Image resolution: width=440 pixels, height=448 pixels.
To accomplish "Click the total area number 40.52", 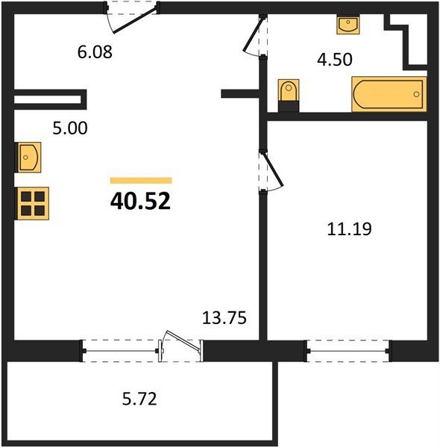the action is point(140,201).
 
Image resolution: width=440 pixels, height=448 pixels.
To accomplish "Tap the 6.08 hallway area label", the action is point(95,52).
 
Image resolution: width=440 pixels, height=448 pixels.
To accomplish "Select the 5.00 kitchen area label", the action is point(70,128).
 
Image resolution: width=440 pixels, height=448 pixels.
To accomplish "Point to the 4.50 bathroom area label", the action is point(335,60).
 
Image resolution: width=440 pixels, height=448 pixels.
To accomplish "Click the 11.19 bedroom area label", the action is point(349,229).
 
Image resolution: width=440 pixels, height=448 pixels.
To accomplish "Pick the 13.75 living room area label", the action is point(224,318).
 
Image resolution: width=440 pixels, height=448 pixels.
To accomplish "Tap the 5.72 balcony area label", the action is point(139,399).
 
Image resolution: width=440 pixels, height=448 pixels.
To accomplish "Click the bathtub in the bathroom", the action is point(389,94).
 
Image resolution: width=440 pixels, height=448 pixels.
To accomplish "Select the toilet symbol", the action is point(289,96).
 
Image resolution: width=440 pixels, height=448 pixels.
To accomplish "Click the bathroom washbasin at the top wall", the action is point(348,25).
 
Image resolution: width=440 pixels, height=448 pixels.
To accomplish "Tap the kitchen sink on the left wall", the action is point(28,157).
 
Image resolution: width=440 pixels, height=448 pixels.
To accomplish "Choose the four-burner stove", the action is point(32,203).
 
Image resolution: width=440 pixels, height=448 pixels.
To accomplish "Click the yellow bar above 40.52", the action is point(141,180).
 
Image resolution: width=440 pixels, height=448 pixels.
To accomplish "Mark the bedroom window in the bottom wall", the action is point(348,351).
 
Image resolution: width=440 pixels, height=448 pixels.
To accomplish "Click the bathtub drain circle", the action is point(416,94).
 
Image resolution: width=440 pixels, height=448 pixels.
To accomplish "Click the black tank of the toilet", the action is point(289,106).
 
